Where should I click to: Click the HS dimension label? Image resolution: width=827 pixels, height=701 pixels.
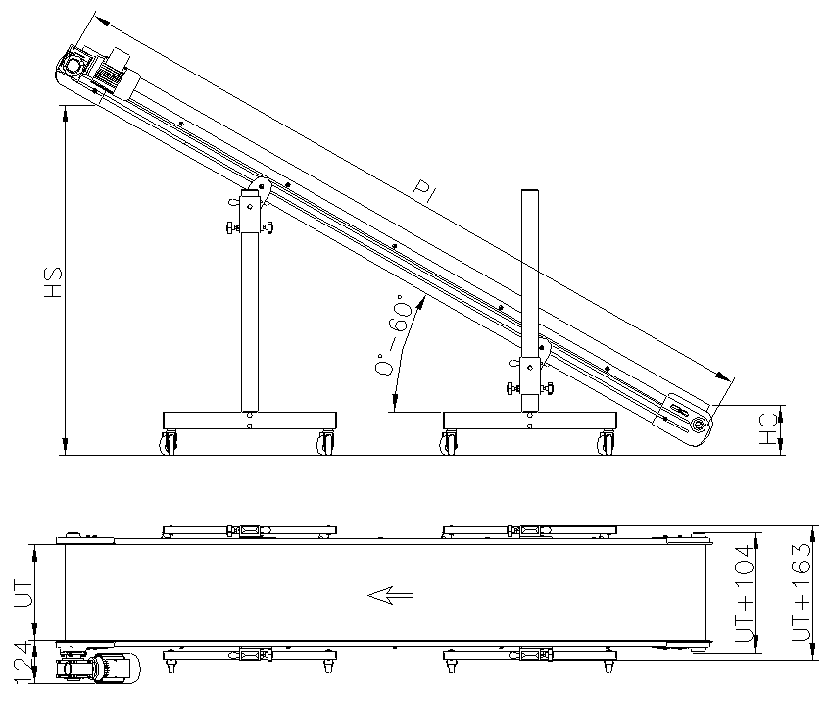click(x=53, y=282)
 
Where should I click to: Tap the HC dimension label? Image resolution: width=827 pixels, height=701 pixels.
click(x=767, y=427)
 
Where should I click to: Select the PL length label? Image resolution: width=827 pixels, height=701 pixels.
click(x=425, y=191)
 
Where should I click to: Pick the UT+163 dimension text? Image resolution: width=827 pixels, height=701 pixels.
click(x=801, y=592)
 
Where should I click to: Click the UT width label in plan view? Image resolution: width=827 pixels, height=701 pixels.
click(x=24, y=592)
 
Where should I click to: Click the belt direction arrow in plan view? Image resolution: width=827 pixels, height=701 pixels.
click(x=390, y=595)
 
